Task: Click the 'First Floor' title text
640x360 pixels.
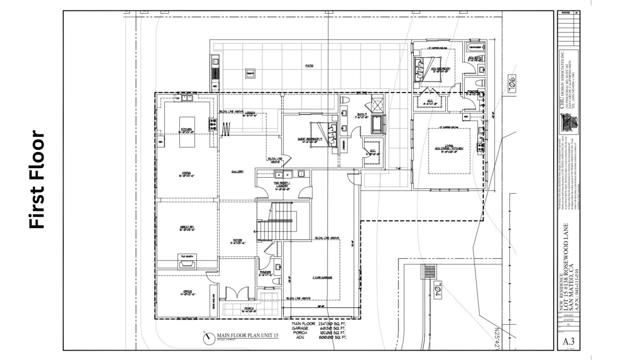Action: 37,180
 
